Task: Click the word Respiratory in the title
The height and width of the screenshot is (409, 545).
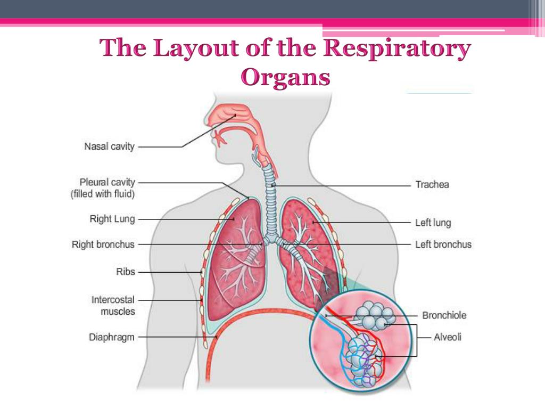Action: [397, 49]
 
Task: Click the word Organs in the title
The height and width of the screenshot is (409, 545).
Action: [286, 78]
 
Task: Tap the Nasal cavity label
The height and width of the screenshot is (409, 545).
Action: [110, 146]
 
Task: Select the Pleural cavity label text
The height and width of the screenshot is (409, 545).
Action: [107, 183]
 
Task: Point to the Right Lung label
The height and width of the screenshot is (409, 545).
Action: [112, 219]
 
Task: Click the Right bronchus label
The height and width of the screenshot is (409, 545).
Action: [103, 244]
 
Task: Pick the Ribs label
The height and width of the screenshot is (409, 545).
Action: [126, 272]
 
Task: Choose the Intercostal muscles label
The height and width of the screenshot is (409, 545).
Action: [113, 306]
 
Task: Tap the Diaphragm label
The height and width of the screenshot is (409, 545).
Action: [111, 337]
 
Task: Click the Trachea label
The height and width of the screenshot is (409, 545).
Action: [432, 185]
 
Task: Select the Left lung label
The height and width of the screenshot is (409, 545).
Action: [433, 223]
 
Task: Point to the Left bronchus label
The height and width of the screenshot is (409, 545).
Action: [443, 245]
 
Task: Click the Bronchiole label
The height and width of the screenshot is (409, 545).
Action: [444, 315]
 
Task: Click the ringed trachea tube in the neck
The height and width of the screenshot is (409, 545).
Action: [272, 192]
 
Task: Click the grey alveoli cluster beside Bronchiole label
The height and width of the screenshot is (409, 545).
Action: [374, 316]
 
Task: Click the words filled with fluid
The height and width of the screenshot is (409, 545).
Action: [103, 194]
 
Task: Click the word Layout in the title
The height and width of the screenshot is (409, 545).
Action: [196, 49]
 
